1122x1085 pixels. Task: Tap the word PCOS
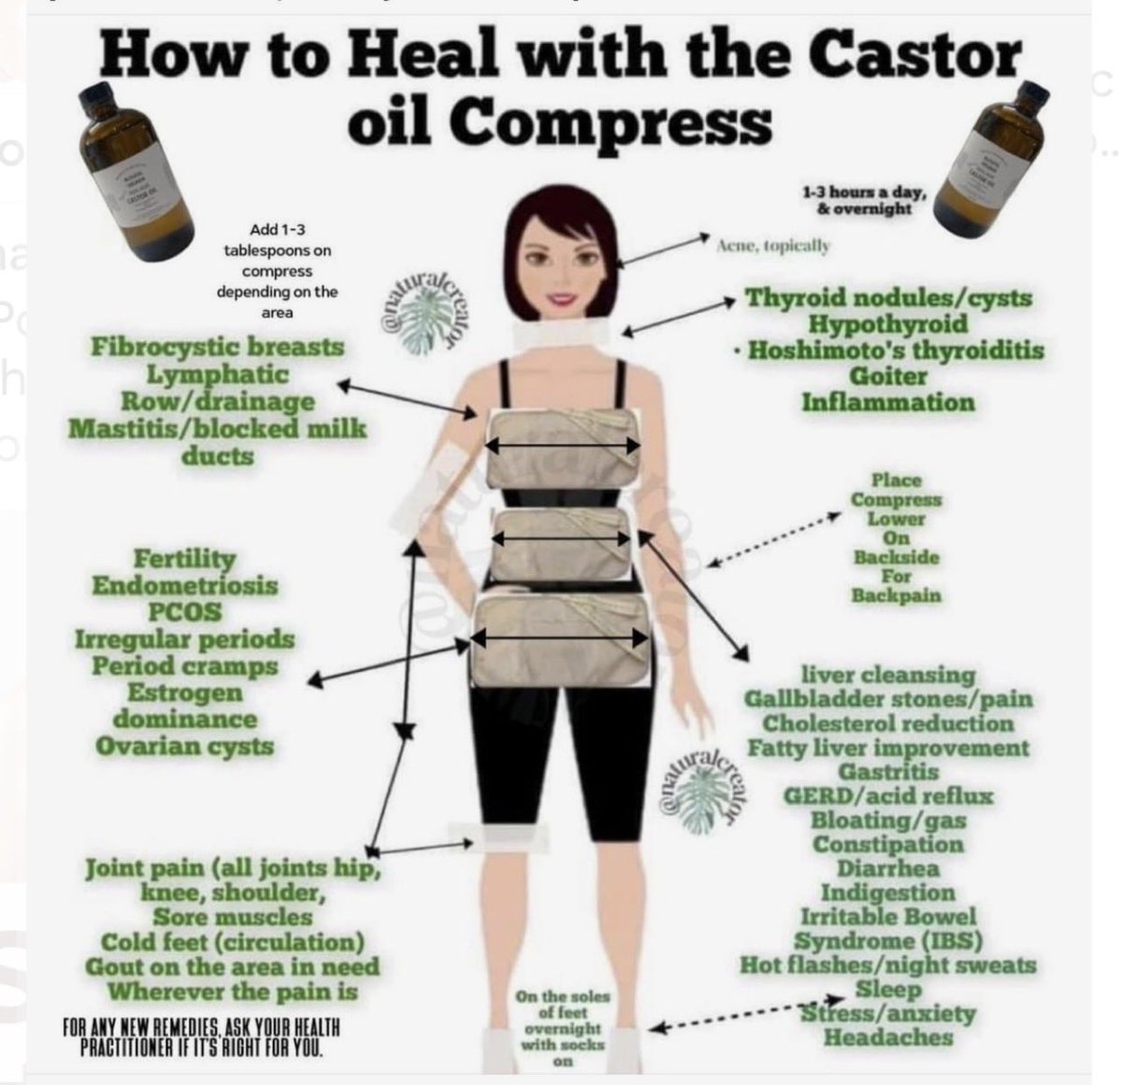click(184, 612)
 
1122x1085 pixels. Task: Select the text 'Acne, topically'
click(772, 246)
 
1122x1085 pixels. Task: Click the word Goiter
click(887, 377)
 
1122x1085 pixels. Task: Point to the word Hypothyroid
click(887, 324)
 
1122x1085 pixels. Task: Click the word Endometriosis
click(184, 586)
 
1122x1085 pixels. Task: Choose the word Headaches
click(887, 1037)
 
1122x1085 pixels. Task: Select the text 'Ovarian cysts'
click(184, 747)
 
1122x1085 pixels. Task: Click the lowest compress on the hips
click(559, 640)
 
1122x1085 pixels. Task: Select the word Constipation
click(887, 844)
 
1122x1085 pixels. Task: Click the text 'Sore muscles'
click(233, 917)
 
